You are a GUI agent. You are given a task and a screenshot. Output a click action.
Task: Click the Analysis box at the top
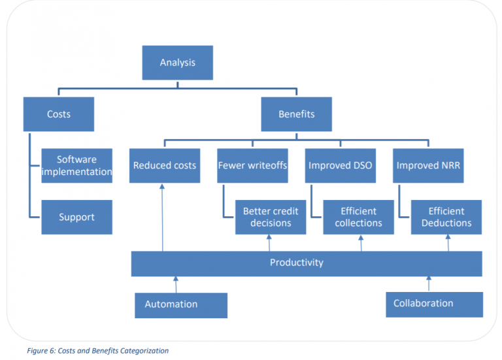pyautogui.click(x=177, y=63)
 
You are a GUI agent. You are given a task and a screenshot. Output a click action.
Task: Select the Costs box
pyautogui.click(x=58, y=114)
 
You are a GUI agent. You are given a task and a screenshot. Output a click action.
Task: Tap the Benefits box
pyautogui.click(x=296, y=114)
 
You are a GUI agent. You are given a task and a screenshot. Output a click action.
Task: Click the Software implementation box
pyautogui.click(x=76, y=165)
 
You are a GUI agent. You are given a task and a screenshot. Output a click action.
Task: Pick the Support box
pyautogui.click(x=76, y=217)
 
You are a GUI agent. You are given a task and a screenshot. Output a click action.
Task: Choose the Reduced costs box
pyautogui.click(x=164, y=165)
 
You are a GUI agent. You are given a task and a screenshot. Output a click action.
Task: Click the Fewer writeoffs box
pyautogui.click(x=252, y=165)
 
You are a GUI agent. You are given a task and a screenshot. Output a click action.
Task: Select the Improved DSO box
pyautogui.click(x=340, y=165)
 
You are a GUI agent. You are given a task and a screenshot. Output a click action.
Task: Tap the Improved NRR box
pyautogui.click(x=428, y=165)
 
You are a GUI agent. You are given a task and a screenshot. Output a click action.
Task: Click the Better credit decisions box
pyautogui.click(x=271, y=217)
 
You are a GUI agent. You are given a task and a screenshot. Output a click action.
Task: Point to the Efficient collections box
pyautogui.click(x=358, y=217)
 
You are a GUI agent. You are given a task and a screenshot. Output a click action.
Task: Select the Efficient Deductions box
pyautogui.click(x=446, y=217)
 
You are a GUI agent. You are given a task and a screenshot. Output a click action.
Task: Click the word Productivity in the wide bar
pyautogui.click(x=296, y=263)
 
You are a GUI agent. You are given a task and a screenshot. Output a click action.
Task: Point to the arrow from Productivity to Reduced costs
pyautogui.click(x=162, y=216)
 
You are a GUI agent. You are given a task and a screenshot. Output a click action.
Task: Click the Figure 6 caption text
pyautogui.click(x=97, y=351)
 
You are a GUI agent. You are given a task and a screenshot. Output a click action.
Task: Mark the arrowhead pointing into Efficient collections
pyautogui.click(x=361, y=237)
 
